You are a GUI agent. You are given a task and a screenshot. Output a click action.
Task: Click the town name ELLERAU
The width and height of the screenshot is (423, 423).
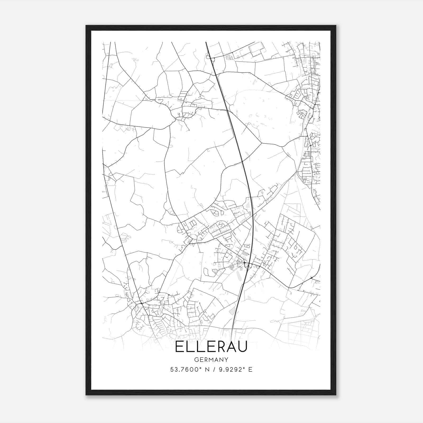211,347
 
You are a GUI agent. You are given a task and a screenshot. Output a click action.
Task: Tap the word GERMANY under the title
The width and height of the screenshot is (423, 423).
211,360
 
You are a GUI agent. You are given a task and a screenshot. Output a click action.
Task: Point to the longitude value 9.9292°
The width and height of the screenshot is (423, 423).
230,370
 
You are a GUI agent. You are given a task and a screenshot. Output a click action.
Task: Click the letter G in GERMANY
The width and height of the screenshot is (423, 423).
196,360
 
